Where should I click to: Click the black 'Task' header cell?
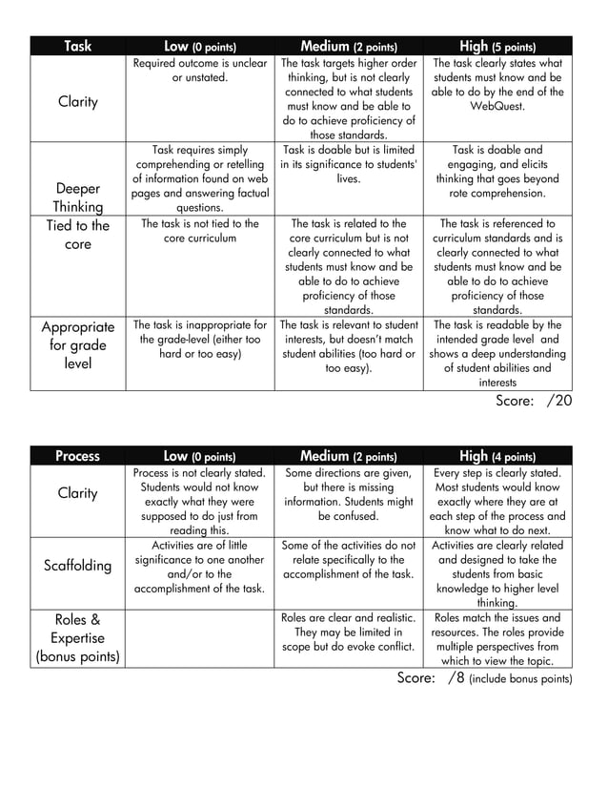(77, 46)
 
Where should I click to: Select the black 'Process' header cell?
(77, 456)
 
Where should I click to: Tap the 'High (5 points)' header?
(497, 46)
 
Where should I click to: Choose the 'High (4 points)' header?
(497, 456)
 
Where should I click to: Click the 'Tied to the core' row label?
(77, 235)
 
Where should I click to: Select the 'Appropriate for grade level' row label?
(77, 345)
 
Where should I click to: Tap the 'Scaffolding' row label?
(77, 566)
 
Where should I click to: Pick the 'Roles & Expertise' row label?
(77, 637)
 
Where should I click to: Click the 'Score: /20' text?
(534, 402)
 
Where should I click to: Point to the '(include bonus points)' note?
(520, 679)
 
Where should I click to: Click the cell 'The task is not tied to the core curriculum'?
(199, 230)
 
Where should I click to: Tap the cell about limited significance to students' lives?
(348, 164)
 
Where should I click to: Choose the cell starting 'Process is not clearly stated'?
(199, 501)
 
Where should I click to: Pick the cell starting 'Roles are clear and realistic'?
(348, 632)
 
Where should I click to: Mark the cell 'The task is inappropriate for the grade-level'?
(199, 340)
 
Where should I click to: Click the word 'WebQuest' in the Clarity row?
(497, 107)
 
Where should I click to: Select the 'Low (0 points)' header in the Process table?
(199, 456)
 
